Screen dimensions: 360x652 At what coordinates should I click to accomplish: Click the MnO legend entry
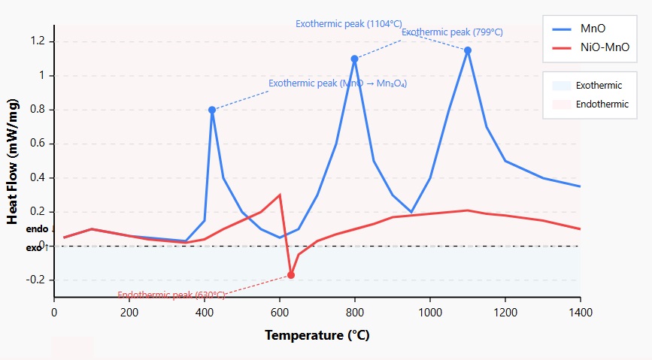click(x=590, y=29)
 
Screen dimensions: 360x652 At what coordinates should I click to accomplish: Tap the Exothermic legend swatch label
click(x=599, y=86)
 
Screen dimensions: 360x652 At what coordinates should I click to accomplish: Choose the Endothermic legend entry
click(x=602, y=104)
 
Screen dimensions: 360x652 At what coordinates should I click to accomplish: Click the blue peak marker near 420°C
click(x=212, y=110)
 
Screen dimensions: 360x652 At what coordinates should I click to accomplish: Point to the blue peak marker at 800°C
click(x=354, y=59)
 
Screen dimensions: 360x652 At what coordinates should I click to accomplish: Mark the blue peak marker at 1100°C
click(x=468, y=50)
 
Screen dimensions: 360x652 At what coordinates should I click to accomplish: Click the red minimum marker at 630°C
click(x=291, y=275)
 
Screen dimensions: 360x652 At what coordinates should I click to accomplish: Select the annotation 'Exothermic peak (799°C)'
click(x=452, y=32)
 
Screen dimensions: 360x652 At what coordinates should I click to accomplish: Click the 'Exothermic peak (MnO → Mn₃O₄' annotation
click(x=338, y=83)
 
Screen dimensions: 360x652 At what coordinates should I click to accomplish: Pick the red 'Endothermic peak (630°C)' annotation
click(x=171, y=295)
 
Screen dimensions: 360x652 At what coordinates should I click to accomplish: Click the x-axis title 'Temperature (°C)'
click(x=317, y=335)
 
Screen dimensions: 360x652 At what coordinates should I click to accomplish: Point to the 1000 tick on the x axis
click(x=429, y=312)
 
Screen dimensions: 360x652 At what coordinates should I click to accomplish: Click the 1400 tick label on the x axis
click(x=580, y=312)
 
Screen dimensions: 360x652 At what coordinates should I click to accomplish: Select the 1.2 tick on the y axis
click(x=39, y=41)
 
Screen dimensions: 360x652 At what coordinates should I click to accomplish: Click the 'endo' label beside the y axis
click(x=36, y=228)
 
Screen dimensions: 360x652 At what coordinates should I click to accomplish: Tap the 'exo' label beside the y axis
click(x=34, y=247)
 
